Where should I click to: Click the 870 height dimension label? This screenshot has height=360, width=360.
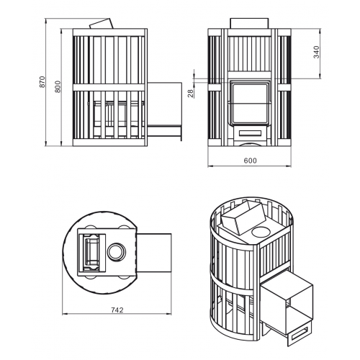coord(42,82)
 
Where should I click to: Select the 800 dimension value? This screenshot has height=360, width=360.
coord(58,86)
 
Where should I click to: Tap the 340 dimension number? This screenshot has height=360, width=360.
coord(317,52)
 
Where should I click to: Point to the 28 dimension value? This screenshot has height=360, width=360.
coord(190,93)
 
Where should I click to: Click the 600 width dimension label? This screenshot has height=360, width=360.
coord(250,161)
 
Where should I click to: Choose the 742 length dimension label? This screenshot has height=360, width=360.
coord(117,310)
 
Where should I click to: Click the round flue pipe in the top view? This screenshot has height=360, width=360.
coord(117,252)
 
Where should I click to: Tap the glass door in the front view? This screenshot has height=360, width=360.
coord(249,103)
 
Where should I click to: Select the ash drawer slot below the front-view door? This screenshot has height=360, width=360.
coord(250,132)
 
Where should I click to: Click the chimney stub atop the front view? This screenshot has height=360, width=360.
coord(249,23)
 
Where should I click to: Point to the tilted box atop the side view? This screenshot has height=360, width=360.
coord(102,24)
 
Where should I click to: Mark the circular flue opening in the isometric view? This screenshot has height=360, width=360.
coord(261,232)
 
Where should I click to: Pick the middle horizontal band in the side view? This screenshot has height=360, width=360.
coord(109,87)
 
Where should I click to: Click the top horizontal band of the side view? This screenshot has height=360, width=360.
coord(109,32)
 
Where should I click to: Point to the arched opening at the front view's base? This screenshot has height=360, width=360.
coord(249,144)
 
